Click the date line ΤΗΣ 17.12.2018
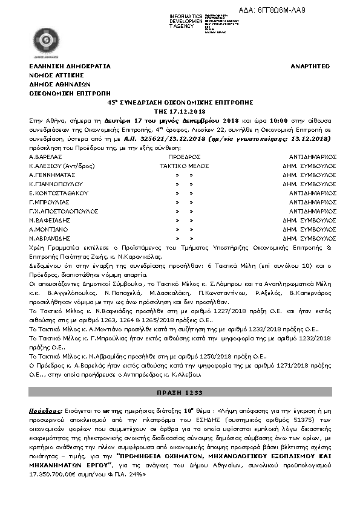click(180, 112)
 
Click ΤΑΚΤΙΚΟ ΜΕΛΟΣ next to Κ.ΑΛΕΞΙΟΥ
click(180, 164)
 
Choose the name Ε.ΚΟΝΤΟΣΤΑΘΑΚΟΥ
click(59, 193)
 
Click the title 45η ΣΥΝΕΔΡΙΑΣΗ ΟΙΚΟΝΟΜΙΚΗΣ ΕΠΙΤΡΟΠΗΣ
click(180, 103)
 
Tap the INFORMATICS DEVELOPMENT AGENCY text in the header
click(186, 19)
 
